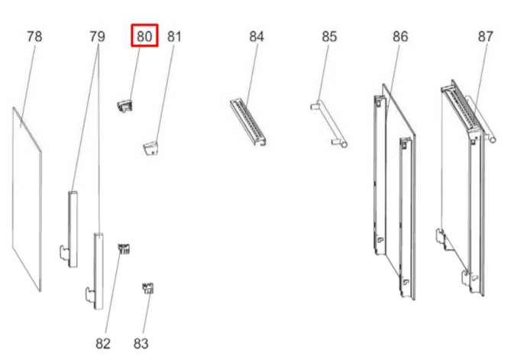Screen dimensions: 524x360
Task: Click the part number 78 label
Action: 34,37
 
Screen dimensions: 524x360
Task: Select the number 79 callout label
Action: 97,37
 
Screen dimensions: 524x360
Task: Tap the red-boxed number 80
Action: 144,36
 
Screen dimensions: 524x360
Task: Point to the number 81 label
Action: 174,37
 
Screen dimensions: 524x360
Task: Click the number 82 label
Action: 103,343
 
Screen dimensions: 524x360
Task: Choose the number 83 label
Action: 141,343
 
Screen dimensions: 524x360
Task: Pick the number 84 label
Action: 257,37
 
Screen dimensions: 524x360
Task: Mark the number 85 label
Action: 329,37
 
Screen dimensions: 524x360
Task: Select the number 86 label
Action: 400,37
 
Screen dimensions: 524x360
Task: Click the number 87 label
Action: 486,37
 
